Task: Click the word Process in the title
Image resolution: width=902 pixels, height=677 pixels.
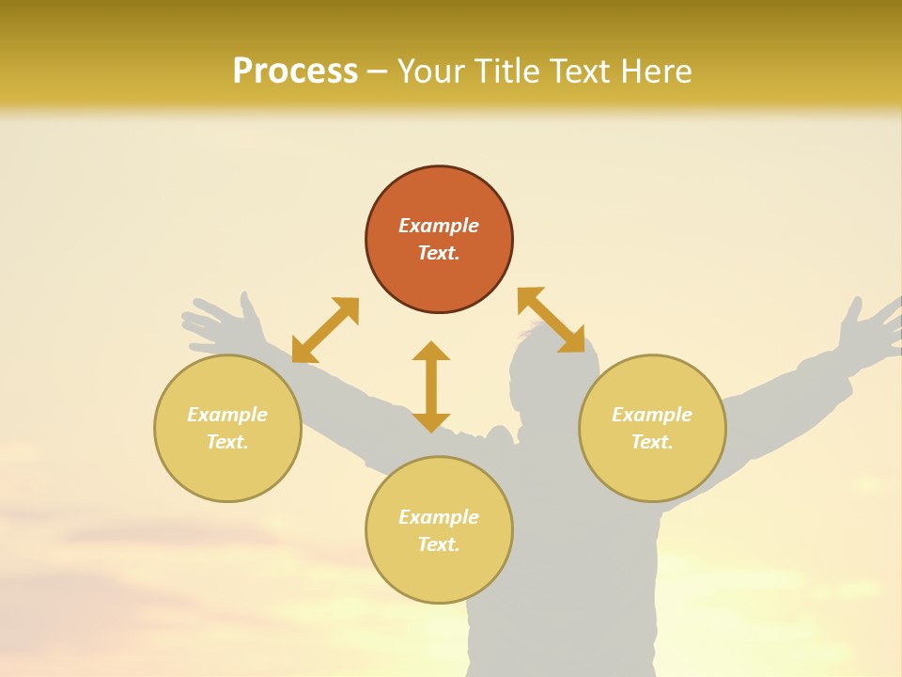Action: click(x=295, y=71)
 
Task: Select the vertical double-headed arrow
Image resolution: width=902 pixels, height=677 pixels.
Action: click(x=431, y=386)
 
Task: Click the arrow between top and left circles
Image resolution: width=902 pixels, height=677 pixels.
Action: click(x=325, y=330)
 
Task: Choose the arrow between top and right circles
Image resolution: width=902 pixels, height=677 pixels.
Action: click(x=551, y=320)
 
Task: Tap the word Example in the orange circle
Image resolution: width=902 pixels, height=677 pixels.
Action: click(x=439, y=226)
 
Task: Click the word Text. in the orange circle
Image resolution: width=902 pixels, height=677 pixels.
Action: click(x=439, y=253)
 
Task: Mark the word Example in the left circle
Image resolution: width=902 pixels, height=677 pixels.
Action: click(x=227, y=415)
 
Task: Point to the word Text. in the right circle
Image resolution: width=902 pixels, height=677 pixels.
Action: click(x=652, y=442)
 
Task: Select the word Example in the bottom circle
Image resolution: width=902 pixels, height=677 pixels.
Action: click(x=439, y=517)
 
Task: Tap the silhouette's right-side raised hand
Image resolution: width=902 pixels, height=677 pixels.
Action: click(x=869, y=329)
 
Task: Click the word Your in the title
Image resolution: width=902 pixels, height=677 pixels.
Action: click(x=428, y=71)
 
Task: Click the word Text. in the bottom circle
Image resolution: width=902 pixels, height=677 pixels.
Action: click(x=439, y=544)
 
